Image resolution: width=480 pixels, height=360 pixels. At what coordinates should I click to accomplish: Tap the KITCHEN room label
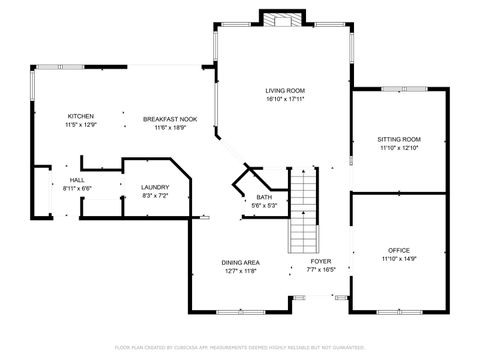(80, 117)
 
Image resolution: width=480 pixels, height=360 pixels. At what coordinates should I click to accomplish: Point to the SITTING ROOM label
(399, 139)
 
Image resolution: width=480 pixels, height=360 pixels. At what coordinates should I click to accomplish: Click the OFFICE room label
(399, 250)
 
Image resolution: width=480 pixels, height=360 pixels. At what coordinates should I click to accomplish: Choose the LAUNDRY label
(154, 187)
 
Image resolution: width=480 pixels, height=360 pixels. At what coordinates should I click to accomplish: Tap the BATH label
(265, 197)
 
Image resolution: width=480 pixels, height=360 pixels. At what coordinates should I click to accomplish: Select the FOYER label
(320, 262)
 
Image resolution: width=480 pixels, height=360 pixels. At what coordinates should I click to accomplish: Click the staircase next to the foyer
(302, 215)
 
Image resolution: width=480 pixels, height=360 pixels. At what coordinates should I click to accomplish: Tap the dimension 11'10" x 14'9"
(399, 259)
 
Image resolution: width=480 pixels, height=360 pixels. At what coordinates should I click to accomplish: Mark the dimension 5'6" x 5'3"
(265, 206)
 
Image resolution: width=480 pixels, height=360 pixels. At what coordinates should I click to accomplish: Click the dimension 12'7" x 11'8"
(240, 271)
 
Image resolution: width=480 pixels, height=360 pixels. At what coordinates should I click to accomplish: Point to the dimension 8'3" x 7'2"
(154, 196)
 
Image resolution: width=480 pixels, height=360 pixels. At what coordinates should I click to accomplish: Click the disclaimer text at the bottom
(240, 347)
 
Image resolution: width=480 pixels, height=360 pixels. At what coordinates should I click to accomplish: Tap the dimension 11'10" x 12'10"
(399, 148)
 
